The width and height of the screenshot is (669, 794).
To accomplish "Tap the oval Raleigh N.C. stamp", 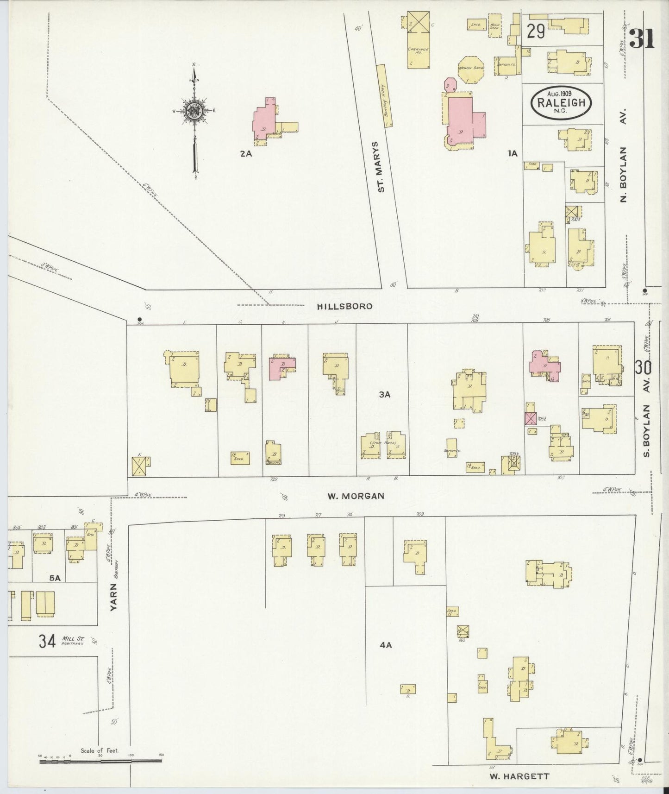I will click(x=561, y=103).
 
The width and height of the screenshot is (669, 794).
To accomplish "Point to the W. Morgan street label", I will click(x=356, y=496).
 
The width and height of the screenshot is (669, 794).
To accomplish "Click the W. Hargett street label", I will click(x=519, y=776).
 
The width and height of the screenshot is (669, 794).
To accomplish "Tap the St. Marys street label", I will click(x=382, y=167).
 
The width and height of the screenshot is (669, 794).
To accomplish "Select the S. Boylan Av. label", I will click(x=647, y=430).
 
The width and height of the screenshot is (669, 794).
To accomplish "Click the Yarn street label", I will click(x=114, y=598).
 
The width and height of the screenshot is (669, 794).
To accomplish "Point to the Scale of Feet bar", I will click(x=100, y=758).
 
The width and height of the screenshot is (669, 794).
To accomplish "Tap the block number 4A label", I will click(x=385, y=644).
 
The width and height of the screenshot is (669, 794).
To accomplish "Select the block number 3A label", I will click(x=385, y=394).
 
